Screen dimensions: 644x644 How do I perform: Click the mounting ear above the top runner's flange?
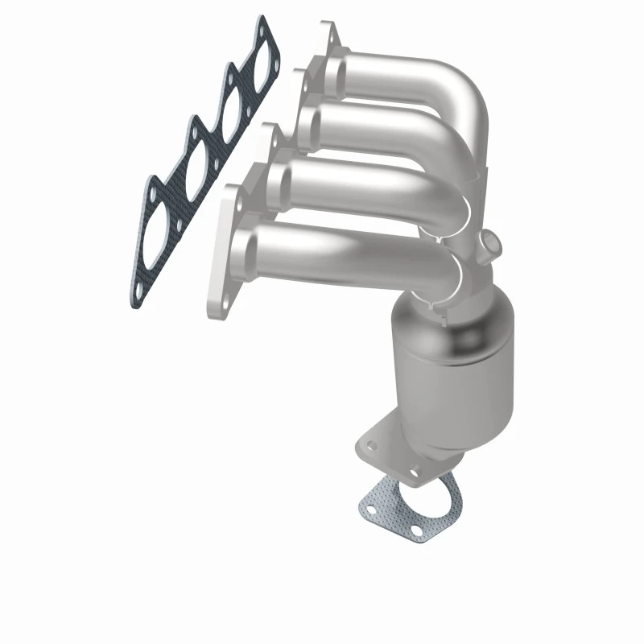(x=328, y=32)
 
